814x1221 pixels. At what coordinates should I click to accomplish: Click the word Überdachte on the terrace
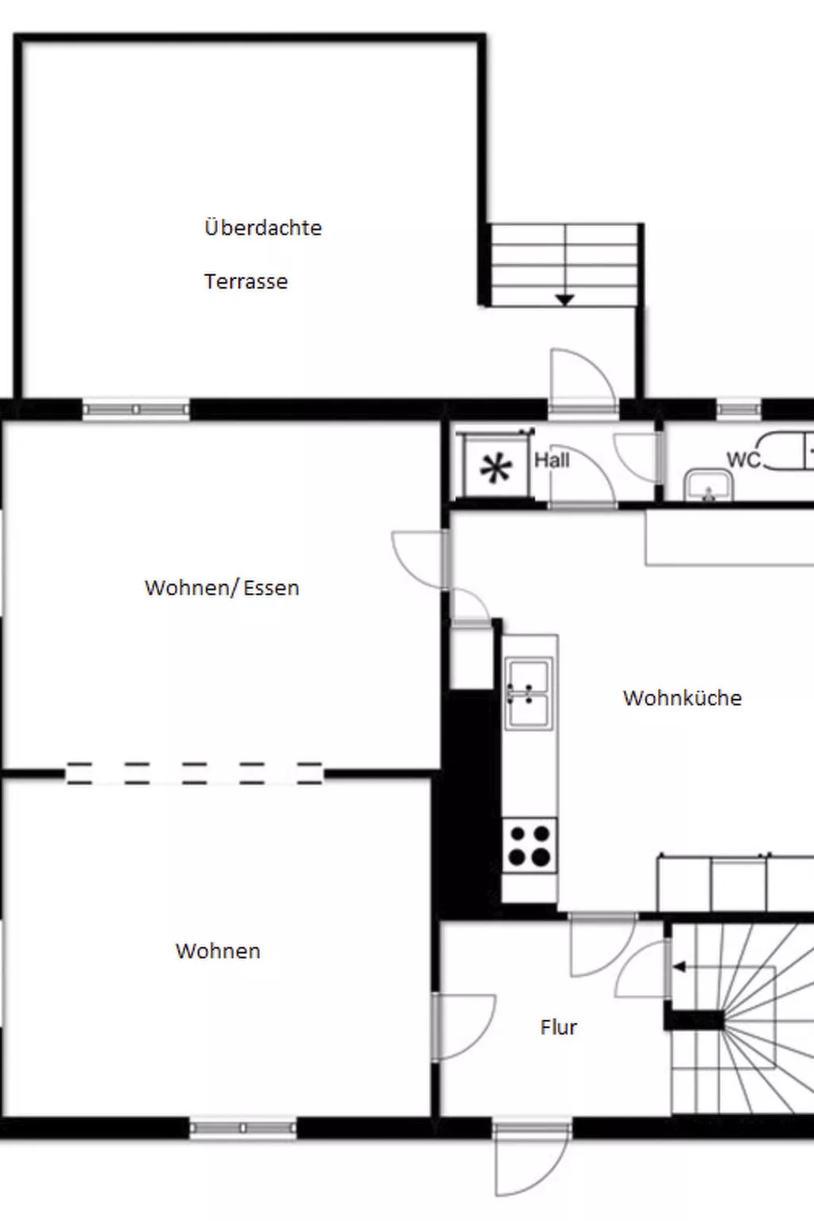click(263, 227)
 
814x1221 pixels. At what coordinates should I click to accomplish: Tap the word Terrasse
click(246, 281)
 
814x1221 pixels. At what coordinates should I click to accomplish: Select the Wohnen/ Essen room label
click(222, 588)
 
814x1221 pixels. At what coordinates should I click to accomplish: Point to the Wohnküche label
click(682, 698)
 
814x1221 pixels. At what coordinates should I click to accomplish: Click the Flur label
click(558, 1027)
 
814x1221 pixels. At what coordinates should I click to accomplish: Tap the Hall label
click(552, 460)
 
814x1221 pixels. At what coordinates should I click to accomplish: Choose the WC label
click(742, 459)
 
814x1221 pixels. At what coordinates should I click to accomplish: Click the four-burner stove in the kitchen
click(529, 846)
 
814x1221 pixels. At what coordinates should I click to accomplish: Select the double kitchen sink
click(529, 693)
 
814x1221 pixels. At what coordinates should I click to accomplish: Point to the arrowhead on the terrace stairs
click(564, 300)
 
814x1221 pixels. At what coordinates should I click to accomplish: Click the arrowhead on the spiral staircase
click(679, 967)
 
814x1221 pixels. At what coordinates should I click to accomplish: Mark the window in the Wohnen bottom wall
click(243, 1128)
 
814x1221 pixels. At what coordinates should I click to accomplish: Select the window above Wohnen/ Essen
click(136, 409)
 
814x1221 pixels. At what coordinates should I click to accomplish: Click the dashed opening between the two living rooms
click(194, 773)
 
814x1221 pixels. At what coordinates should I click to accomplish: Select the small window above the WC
click(738, 410)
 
